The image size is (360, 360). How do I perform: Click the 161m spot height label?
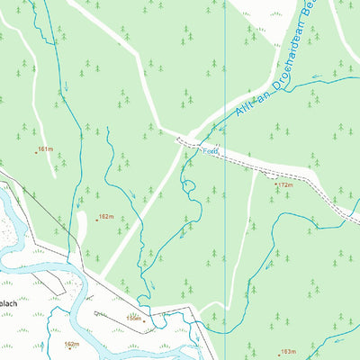click(x=46, y=148)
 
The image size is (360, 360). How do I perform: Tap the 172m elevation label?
click(x=286, y=185)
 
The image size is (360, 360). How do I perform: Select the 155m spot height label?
click(x=134, y=318)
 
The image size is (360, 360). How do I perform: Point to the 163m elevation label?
click(x=288, y=352)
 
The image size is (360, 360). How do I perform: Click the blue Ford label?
click(x=210, y=152)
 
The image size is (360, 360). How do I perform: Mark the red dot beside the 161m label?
click(x=36, y=152)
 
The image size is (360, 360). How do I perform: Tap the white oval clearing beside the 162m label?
click(x=82, y=227)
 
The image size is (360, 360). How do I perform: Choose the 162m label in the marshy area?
click(x=72, y=344)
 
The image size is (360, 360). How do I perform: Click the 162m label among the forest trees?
click(x=106, y=217)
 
